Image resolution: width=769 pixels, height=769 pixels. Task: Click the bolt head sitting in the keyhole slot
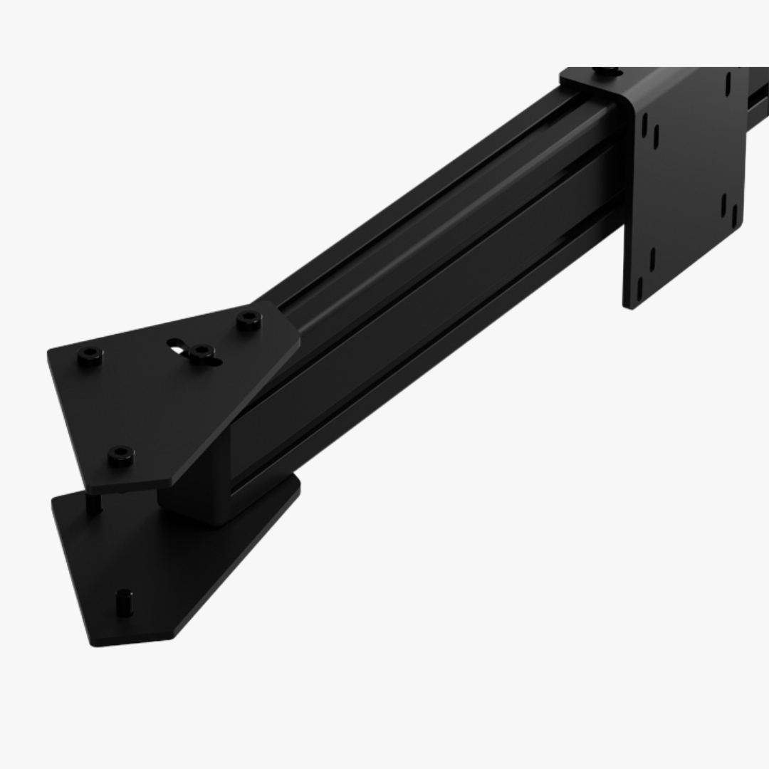tap(203, 352)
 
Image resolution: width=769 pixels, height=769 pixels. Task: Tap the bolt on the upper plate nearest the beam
tap(249, 319)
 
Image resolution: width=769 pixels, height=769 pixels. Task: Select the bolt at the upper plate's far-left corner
tap(90, 355)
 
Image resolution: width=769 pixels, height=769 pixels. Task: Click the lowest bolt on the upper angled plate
tap(120, 455)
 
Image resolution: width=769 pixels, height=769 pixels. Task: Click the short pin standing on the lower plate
tap(125, 602)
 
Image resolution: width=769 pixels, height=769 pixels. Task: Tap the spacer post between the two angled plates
tap(93, 503)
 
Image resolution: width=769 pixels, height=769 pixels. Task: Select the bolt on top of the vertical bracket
tap(606, 71)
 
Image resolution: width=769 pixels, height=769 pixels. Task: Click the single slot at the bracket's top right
tap(728, 83)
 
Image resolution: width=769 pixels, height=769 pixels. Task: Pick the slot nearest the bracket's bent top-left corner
tap(645, 125)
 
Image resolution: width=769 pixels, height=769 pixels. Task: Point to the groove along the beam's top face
tap(427, 214)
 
